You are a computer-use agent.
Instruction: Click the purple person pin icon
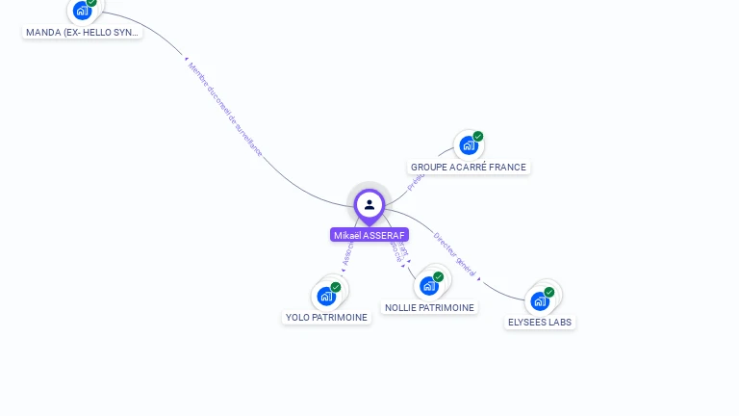pyautogui.click(x=369, y=205)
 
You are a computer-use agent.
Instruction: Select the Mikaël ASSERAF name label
pyautogui.click(x=369, y=235)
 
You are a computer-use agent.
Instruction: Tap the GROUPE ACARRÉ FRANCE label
pyautogui.click(x=469, y=168)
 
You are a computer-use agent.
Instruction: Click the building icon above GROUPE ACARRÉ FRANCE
pyautogui.click(x=468, y=145)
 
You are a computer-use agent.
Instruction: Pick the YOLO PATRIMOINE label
pyautogui.click(x=327, y=318)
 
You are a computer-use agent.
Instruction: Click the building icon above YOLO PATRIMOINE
pyautogui.click(x=326, y=296)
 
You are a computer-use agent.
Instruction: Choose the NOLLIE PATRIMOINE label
pyautogui.click(x=429, y=308)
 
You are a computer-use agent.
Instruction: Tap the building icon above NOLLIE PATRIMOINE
pyautogui.click(x=429, y=285)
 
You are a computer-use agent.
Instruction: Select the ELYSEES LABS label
pyautogui.click(x=540, y=323)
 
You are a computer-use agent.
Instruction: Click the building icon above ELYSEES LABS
pyautogui.click(x=540, y=300)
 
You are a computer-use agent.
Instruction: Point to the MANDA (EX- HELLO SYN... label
pyautogui.click(x=83, y=33)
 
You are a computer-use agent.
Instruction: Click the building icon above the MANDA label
pyautogui.click(x=82, y=11)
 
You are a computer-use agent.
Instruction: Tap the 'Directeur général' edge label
pyautogui.click(x=454, y=254)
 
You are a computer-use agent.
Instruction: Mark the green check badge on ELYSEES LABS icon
pyautogui.click(x=549, y=292)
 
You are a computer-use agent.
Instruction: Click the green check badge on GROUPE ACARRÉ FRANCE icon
pyautogui.click(x=478, y=137)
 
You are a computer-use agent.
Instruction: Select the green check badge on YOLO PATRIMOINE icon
pyautogui.click(x=336, y=287)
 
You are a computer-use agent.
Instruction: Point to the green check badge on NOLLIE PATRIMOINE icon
pyautogui.click(x=439, y=276)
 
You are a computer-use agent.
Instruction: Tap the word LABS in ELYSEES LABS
pyautogui.click(x=559, y=323)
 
